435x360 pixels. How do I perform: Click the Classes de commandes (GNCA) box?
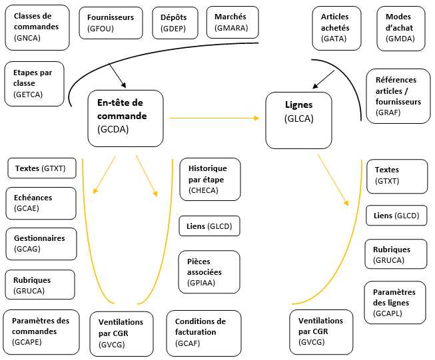tap(37, 27)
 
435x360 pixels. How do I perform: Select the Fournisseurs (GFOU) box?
tap(111, 23)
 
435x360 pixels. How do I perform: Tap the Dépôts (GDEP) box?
tap(175, 23)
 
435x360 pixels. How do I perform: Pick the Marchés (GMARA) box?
tap(231, 23)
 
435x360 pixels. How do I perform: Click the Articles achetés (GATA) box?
tap(337, 28)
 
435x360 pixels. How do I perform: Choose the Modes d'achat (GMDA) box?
tap(402, 28)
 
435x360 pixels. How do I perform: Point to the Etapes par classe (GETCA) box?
tap(34, 83)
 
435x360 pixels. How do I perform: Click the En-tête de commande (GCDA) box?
tap(125, 118)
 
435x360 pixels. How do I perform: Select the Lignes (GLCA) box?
tap(298, 120)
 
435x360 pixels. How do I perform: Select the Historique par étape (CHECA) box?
tap(209, 179)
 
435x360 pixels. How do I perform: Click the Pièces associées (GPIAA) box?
tap(209, 271)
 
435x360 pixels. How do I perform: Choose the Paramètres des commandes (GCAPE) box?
tap(42, 331)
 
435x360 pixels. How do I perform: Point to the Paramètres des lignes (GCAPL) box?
tap(395, 302)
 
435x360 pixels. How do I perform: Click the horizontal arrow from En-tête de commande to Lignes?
tap(213, 118)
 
